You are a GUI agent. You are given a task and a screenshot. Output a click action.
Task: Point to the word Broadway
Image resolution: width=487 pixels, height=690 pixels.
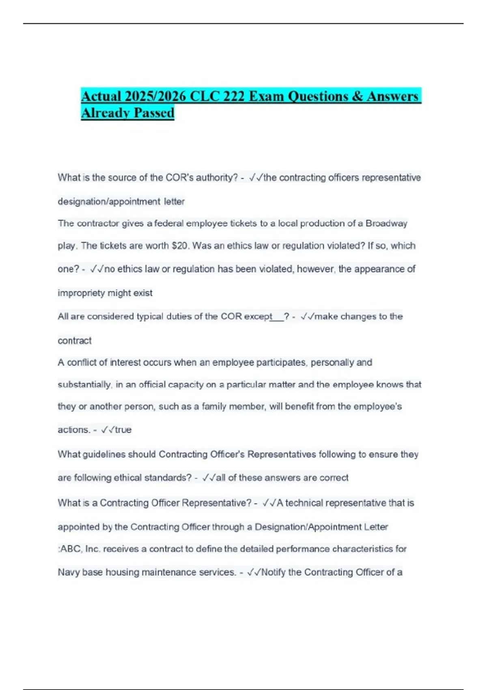[386, 224]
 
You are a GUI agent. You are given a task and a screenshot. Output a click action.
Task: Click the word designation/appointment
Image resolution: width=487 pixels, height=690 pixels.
[109, 202]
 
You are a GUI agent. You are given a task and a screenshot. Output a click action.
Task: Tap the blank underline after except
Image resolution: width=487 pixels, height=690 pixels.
[278, 317]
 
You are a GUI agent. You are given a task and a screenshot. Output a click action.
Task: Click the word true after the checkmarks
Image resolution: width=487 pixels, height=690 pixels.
[123, 430]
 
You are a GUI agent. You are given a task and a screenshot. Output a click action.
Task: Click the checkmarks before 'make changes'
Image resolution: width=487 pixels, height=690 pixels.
[307, 317]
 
